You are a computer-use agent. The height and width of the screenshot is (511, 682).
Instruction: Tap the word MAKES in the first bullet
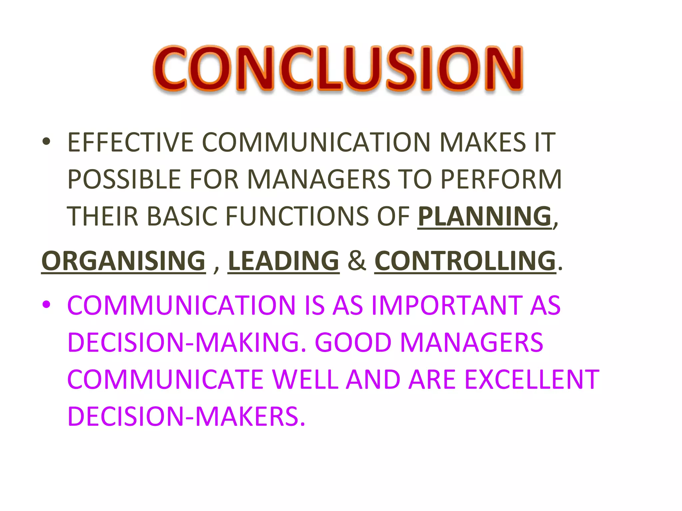pyautogui.click(x=483, y=143)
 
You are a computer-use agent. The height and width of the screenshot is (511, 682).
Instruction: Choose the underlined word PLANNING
pyautogui.click(x=485, y=217)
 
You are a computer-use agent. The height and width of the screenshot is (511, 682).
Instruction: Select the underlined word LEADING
pyautogui.click(x=283, y=261)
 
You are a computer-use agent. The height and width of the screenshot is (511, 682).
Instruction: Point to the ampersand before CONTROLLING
pyautogui.click(x=357, y=261)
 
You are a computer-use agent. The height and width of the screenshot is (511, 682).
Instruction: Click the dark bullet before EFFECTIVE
pyautogui.click(x=46, y=142)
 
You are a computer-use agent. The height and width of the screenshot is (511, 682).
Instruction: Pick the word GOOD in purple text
pyautogui.click(x=353, y=343)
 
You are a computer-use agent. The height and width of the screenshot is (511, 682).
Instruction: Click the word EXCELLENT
pyautogui.click(x=531, y=380)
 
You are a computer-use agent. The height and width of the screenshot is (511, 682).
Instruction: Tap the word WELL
pyautogui.click(x=305, y=380)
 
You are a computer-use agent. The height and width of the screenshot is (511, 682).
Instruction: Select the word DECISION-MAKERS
pyautogui.click(x=186, y=417)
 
